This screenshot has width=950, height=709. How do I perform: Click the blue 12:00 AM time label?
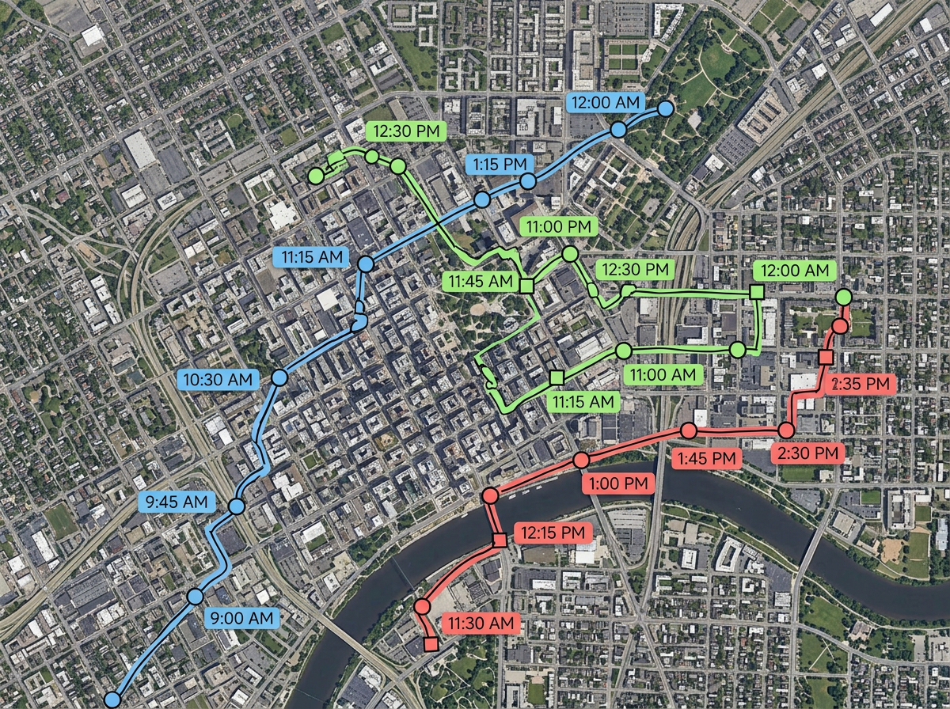point(606,102)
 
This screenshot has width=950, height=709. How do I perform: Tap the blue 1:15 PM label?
point(500,165)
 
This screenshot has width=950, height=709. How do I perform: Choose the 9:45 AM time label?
point(177,502)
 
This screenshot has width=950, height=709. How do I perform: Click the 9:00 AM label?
point(242,617)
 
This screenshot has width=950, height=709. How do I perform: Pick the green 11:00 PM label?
point(557,227)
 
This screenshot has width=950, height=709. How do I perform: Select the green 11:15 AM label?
point(580,402)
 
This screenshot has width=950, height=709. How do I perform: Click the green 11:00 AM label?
point(663,374)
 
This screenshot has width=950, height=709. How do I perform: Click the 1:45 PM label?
point(707,458)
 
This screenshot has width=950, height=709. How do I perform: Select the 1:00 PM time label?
point(618,483)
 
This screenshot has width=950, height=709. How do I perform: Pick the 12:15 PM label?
point(553,533)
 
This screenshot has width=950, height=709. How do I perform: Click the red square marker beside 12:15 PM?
point(499,540)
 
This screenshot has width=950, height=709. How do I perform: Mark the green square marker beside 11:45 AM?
point(525,285)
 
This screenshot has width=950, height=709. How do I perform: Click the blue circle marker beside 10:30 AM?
point(279,378)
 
